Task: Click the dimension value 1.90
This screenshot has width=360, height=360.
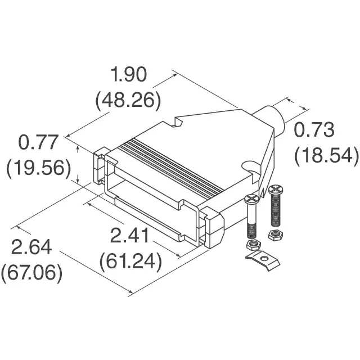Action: pyautogui.click(x=129, y=74)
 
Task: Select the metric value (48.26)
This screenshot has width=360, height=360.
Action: pyautogui.click(x=128, y=101)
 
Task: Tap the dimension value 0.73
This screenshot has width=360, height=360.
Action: pyautogui.click(x=314, y=130)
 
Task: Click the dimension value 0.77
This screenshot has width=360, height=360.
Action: pyautogui.click(x=38, y=142)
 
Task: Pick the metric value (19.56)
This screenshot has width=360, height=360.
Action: pyautogui.click(x=39, y=168)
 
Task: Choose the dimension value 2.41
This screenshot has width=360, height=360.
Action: pyautogui.click(x=129, y=236)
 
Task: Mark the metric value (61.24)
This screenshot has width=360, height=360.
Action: pyautogui.click(x=130, y=262)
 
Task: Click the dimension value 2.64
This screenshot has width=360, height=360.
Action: pyautogui.click(x=31, y=247)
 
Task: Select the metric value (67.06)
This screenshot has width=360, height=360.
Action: pyautogui.click(x=31, y=273)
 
